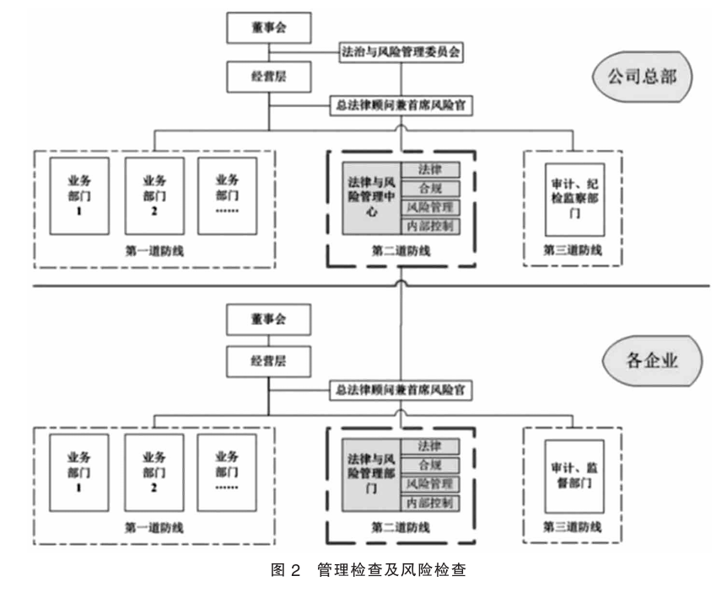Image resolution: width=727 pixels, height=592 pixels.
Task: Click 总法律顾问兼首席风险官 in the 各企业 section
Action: coord(400,391)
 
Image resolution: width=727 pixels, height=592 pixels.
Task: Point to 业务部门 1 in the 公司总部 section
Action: coord(78,195)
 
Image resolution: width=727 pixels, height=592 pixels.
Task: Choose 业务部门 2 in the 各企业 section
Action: coord(153,474)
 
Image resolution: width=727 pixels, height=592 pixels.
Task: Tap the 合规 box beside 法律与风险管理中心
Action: coord(429,187)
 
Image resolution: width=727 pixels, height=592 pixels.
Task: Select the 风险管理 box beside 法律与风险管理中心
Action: coord(429,206)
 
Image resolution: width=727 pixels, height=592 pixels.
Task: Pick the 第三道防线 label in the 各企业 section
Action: coord(574,528)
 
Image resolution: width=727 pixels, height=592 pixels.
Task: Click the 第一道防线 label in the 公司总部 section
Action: coord(153,250)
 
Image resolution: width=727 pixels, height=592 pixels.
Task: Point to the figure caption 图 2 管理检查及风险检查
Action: coord(363,570)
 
